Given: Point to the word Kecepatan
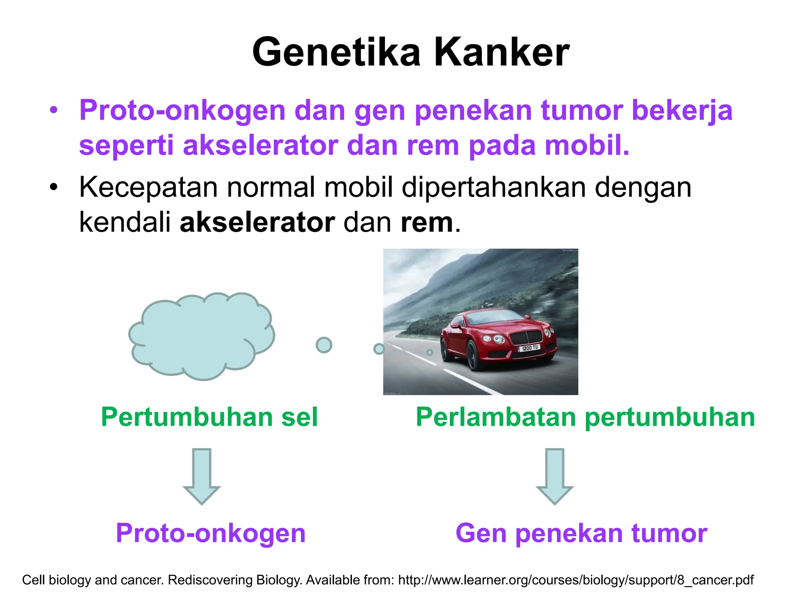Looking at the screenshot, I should tap(148, 187).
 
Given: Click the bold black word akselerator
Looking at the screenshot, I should tap(257, 223).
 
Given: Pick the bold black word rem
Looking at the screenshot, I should tap(427, 223).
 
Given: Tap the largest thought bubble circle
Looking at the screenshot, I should tap(324, 345).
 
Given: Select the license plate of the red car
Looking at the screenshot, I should tap(529, 348).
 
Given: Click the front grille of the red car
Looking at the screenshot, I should tap(526, 338).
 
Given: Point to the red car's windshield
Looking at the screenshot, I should tap(495, 318).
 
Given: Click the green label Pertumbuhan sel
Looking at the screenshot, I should tap(209, 417).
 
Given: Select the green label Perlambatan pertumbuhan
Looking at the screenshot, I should tap(585, 417).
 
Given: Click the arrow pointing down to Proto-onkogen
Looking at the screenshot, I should tap(202, 476).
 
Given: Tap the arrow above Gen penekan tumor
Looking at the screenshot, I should tap(554, 476).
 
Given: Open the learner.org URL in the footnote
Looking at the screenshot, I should tap(576, 580).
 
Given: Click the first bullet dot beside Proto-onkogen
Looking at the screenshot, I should tap(54, 110).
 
